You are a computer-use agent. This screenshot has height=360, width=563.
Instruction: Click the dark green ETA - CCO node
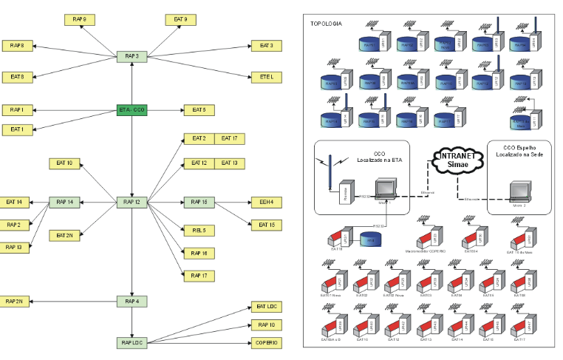(x=132, y=109)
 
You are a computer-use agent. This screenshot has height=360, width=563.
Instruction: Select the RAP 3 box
(x=132, y=55)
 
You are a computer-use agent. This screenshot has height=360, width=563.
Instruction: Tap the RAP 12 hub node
(x=132, y=202)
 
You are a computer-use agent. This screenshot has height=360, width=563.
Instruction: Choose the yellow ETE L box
(x=267, y=76)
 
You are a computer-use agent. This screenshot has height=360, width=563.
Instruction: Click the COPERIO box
(x=267, y=343)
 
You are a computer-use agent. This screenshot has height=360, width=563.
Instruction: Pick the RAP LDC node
(x=132, y=343)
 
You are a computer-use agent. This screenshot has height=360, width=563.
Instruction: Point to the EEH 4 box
(x=267, y=202)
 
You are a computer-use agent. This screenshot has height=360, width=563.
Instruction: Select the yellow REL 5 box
(x=199, y=231)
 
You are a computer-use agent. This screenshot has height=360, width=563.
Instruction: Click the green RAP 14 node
(x=64, y=202)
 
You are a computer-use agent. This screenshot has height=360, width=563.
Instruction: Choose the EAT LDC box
(x=267, y=306)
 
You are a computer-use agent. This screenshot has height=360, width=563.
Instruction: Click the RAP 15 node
(x=199, y=202)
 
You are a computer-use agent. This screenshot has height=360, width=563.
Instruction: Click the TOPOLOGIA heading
(x=326, y=24)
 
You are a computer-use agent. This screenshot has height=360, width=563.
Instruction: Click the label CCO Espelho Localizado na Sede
(x=520, y=152)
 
